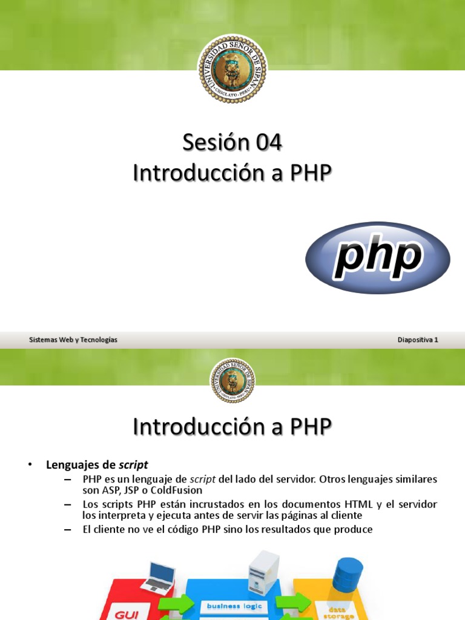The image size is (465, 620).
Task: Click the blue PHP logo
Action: (377, 257)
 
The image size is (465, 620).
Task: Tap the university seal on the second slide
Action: (232, 380)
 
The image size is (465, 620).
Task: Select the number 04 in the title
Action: (269, 143)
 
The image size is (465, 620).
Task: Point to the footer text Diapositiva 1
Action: (418, 340)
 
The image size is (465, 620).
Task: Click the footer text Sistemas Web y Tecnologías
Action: (73, 340)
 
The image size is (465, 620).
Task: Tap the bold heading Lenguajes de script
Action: (97, 465)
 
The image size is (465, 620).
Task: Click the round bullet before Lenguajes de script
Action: (28, 464)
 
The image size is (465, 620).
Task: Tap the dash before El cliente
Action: (67, 529)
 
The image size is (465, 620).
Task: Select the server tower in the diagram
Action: (264, 572)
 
